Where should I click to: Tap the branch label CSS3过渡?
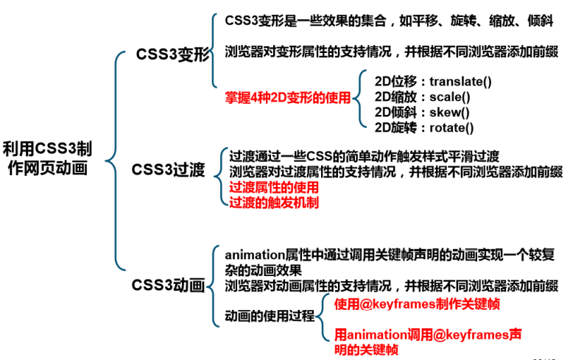point(169,169)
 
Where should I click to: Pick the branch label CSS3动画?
point(168,285)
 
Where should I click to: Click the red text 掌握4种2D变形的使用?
point(287,97)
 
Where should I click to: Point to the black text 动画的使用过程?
point(270,315)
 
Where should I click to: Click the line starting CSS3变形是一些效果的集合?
point(390,22)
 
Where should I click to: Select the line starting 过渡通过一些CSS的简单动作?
point(364,157)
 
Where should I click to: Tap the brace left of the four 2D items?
point(356,104)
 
